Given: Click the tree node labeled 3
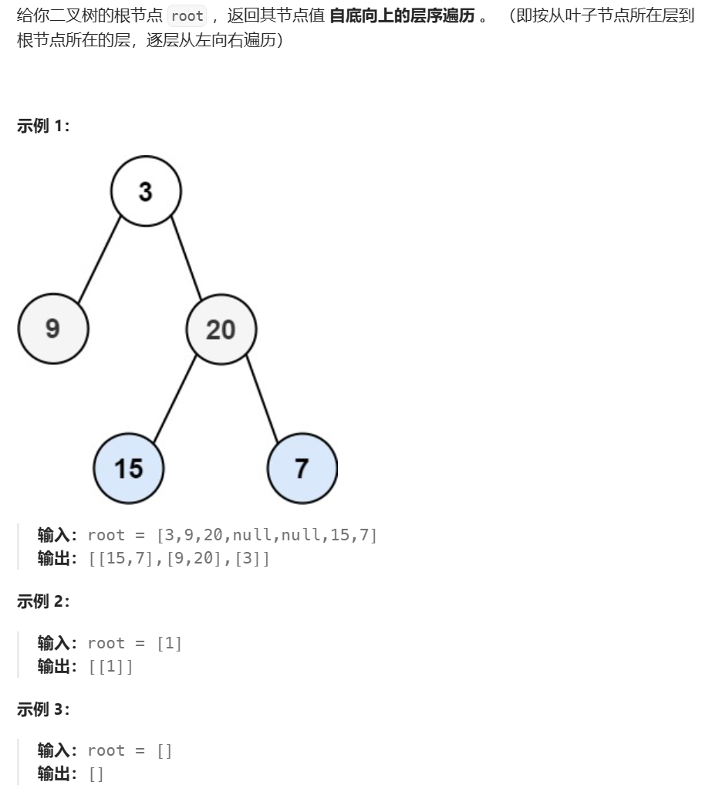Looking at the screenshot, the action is pyautogui.click(x=146, y=191).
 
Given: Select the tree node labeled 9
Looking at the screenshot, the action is pyautogui.click(x=53, y=329).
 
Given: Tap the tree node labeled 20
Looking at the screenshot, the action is pyautogui.click(x=221, y=330).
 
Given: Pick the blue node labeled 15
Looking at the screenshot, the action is pyautogui.click(x=129, y=468).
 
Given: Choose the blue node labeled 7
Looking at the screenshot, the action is pyautogui.click(x=302, y=468).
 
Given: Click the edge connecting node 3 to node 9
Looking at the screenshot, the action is pyautogui.click(x=100, y=260).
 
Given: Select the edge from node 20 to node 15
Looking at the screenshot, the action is pyautogui.click(x=175, y=398).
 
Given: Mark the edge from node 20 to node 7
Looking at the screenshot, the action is pyautogui.click(x=262, y=399).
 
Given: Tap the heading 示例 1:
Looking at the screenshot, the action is pyautogui.click(x=43, y=127).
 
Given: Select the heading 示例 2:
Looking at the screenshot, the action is pyautogui.click(x=43, y=602).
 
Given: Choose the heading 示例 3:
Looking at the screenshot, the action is pyautogui.click(x=43, y=709).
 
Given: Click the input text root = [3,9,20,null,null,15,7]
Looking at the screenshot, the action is pyautogui.click(x=232, y=535).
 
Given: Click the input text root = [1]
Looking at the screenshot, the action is pyautogui.click(x=135, y=643).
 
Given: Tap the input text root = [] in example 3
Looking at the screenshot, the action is pyautogui.click(x=130, y=750).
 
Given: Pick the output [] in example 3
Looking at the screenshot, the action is pyautogui.click(x=96, y=773).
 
